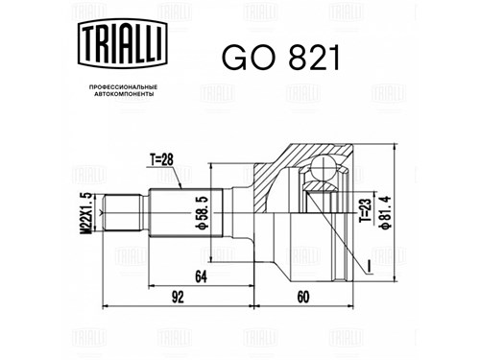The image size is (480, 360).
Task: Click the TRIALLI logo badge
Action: click(123, 43)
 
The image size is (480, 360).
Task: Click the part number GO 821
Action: click(280, 58)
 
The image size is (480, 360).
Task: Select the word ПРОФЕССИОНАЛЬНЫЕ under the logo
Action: click(123, 87)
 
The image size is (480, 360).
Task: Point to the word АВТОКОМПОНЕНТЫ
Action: click(124, 94)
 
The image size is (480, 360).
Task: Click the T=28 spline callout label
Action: click(161, 159)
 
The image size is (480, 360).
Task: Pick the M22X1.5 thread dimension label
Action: click(86, 213)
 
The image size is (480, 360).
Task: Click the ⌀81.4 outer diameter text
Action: click(385, 213)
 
